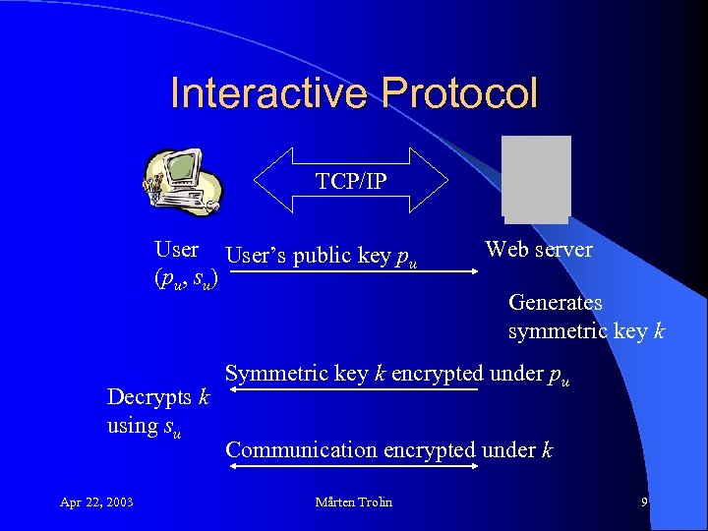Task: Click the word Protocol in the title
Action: click(459, 93)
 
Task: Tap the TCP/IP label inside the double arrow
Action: click(351, 181)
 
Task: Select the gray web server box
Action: click(535, 178)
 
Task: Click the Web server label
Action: click(539, 250)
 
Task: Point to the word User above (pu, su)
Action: click(177, 250)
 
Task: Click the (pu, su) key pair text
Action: click(185, 279)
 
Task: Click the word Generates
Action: click(556, 303)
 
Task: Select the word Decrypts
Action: click(150, 397)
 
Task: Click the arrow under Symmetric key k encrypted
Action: click(354, 390)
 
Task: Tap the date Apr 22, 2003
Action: click(96, 502)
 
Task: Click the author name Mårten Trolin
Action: click(353, 502)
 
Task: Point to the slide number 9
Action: click(644, 502)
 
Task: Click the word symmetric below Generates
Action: click(558, 331)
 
